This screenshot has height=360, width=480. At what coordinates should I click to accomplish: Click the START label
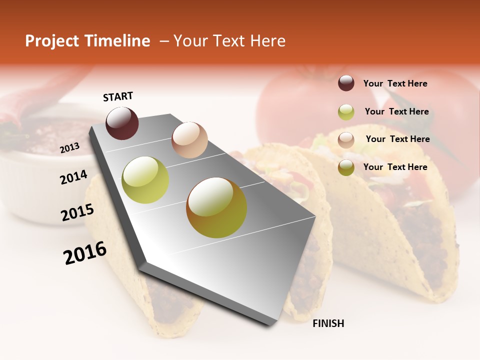[x=118, y=96]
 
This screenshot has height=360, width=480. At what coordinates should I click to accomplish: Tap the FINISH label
[x=328, y=323]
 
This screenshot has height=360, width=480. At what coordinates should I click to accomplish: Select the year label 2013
[x=70, y=147]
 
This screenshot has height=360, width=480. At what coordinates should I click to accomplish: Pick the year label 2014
[x=73, y=177]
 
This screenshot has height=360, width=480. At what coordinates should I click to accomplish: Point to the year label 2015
[x=77, y=212]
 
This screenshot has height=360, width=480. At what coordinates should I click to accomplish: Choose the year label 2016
[x=85, y=253]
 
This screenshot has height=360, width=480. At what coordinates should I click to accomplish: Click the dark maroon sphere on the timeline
[x=122, y=123]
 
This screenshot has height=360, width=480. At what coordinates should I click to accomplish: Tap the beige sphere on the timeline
[x=189, y=140]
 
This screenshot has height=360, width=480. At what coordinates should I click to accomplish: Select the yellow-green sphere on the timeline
[x=145, y=180]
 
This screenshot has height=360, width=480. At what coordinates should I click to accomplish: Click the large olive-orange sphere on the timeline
[x=216, y=207]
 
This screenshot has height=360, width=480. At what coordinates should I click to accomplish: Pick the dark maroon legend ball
[x=346, y=83]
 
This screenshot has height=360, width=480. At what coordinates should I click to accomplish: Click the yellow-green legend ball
[x=346, y=112]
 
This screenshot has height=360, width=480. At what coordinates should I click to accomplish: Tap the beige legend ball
[x=346, y=140]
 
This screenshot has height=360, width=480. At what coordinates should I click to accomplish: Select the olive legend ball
[x=346, y=168]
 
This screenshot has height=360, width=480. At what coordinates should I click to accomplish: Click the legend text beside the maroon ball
[x=395, y=83]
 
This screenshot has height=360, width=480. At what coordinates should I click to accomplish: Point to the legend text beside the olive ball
[x=395, y=167]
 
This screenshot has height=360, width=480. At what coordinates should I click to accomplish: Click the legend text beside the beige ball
[x=397, y=139]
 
